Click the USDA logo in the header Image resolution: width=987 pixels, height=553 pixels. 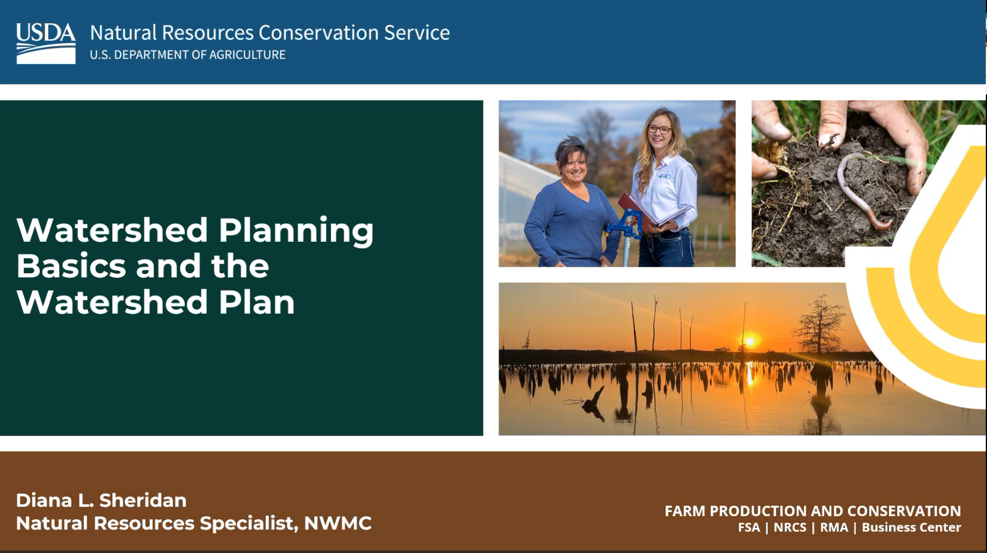(x=46, y=43)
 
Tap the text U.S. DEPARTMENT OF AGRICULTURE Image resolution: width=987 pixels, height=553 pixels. (x=188, y=55)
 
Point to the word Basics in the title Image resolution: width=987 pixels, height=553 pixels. (x=71, y=266)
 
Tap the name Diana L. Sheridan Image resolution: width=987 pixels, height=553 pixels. (x=102, y=500)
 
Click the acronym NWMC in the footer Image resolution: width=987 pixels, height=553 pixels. (x=338, y=523)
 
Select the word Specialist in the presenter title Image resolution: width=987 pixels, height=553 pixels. (x=248, y=524)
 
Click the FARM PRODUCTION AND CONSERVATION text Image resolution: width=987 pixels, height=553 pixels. (x=812, y=511)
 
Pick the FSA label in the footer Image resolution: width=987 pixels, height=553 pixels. (x=749, y=527)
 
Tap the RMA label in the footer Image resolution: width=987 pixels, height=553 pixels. (x=834, y=527)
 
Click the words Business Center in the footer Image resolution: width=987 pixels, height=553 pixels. (x=911, y=527)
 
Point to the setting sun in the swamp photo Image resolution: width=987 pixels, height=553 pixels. (x=749, y=341)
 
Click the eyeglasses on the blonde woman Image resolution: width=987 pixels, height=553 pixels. (x=659, y=129)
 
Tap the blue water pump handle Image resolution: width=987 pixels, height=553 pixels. (x=622, y=225)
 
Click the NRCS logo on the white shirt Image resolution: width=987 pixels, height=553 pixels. (x=666, y=176)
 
